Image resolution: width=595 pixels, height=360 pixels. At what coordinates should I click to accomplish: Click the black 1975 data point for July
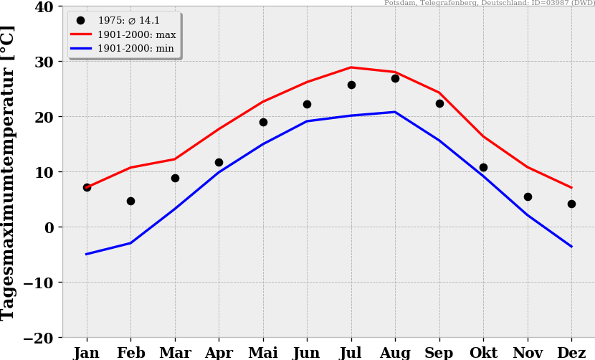[351, 85]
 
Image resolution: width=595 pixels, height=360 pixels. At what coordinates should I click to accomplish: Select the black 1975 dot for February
[130, 201]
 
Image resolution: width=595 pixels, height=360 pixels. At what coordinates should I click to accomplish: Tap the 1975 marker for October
[483, 167]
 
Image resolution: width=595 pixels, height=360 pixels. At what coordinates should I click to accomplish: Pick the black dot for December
[571, 204]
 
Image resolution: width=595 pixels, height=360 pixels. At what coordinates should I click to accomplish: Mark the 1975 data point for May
[263, 122]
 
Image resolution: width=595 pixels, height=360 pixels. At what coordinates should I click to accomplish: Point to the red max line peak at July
[351, 67]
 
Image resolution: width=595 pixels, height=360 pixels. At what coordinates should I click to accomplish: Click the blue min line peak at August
[395, 112]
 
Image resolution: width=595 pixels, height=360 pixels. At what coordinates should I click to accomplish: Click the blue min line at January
[87, 254]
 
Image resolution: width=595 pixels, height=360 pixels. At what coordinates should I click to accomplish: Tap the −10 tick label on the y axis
[39, 283]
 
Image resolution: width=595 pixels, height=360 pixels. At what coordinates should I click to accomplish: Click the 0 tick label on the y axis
[49, 227]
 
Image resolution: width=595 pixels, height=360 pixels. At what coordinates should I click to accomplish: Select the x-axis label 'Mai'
[263, 353]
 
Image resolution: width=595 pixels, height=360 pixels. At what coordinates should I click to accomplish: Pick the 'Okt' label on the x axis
[483, 353]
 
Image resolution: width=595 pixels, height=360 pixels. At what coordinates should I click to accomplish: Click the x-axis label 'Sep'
[439, 353]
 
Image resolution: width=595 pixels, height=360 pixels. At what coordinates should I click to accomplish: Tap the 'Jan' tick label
[87, 353]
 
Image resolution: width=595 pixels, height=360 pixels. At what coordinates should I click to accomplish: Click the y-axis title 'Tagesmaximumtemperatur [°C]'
[9, 172]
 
